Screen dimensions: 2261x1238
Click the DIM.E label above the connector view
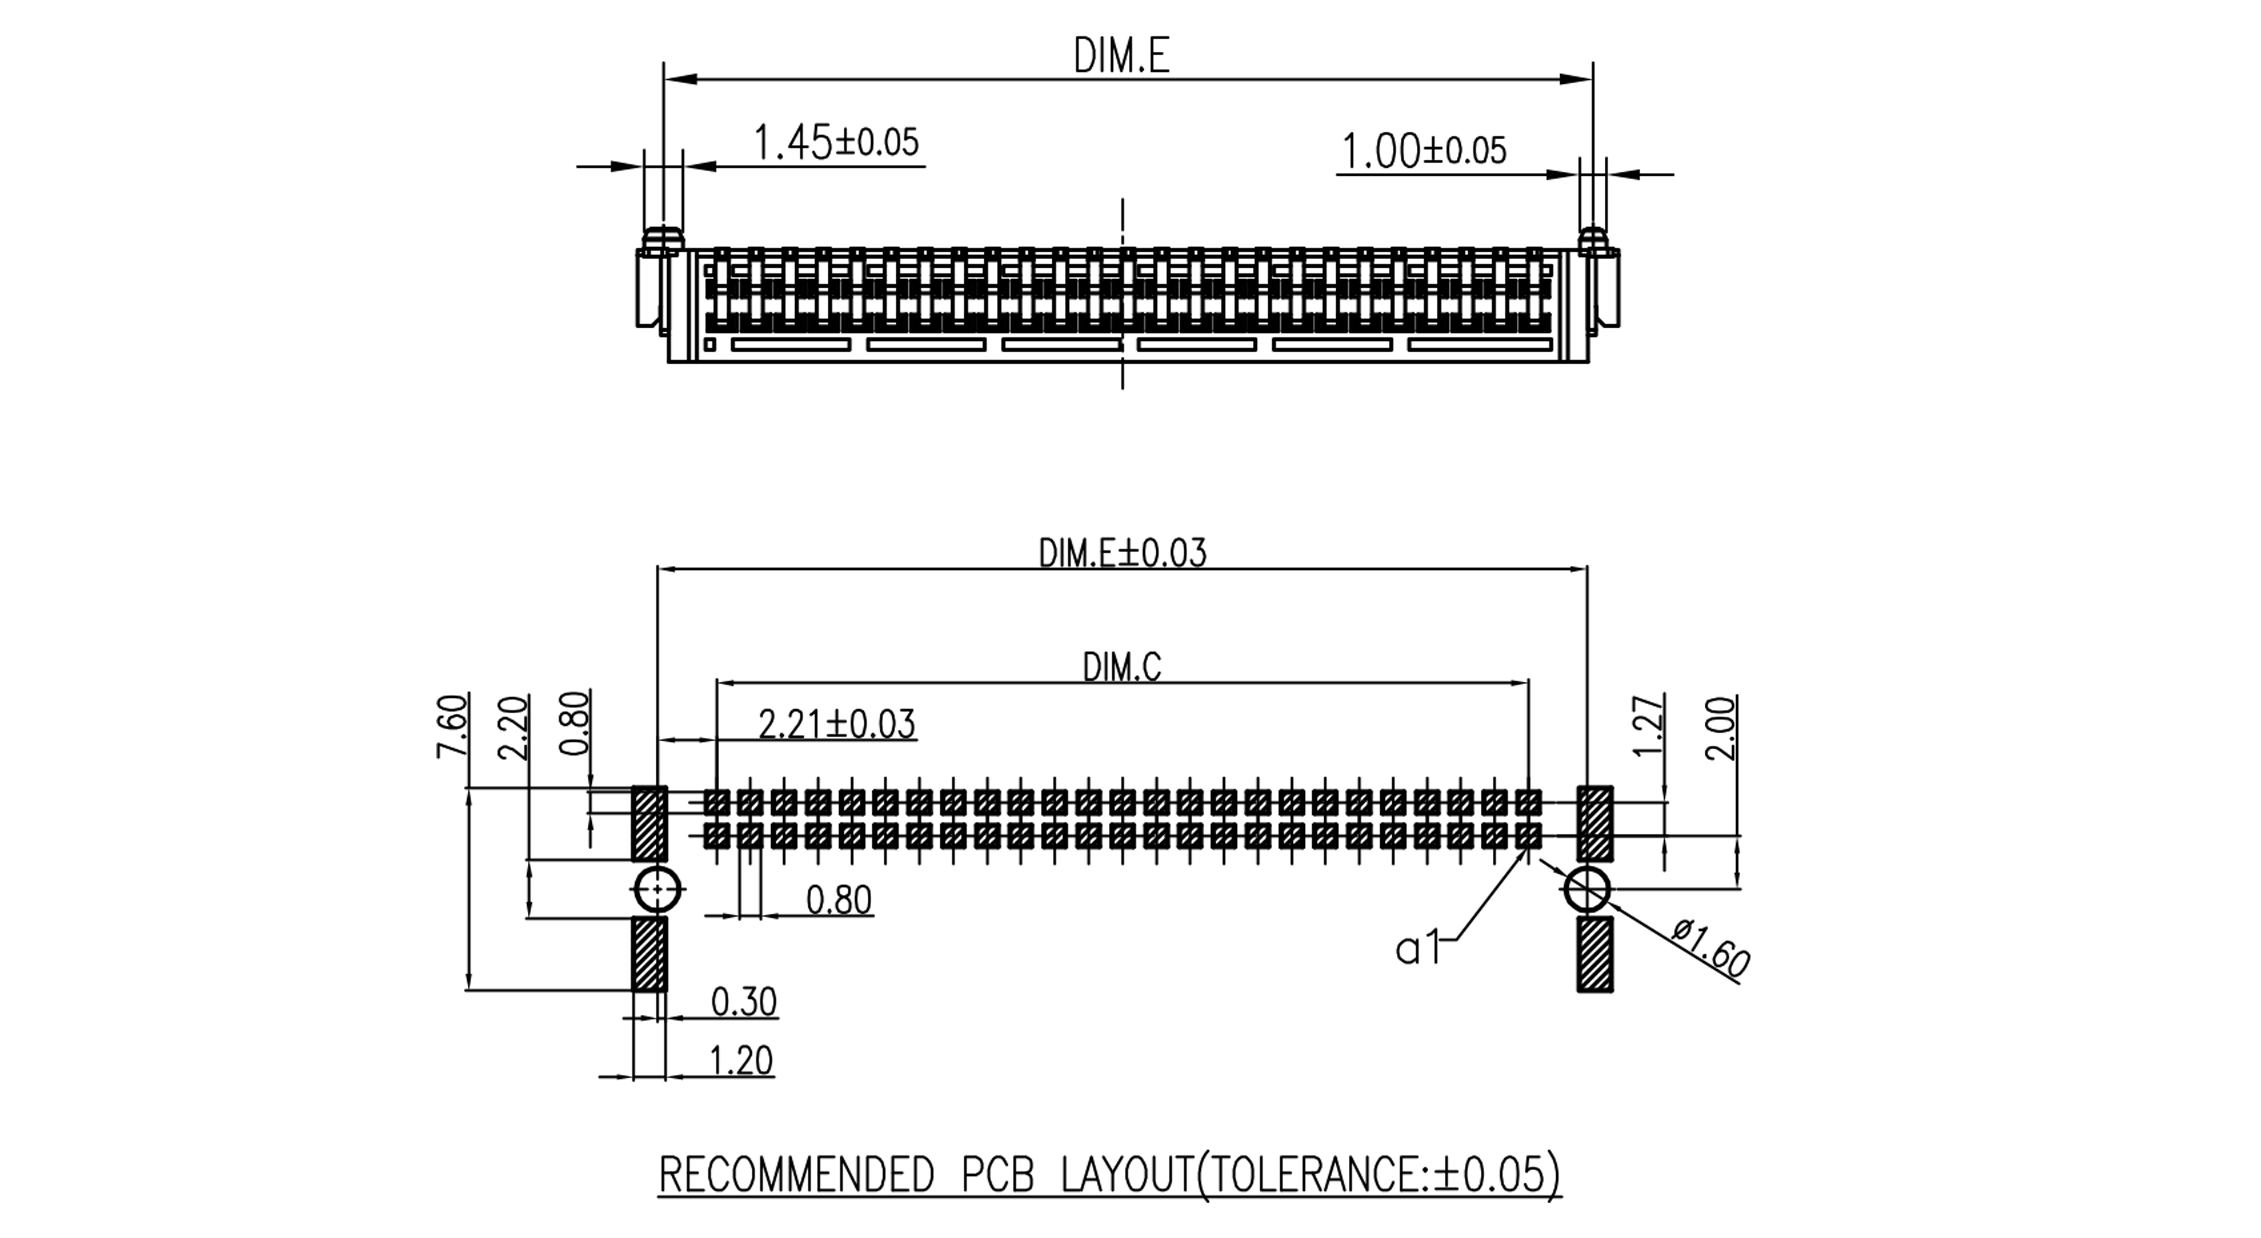(1122, 56)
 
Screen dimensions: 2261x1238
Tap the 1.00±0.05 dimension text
(1424, 151)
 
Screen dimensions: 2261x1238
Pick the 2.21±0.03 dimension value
(837, 725)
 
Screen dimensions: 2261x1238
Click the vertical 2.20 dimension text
(513, 727)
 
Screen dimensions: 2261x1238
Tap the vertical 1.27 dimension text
(1649, 725)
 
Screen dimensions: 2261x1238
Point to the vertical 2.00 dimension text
(1721, 727)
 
